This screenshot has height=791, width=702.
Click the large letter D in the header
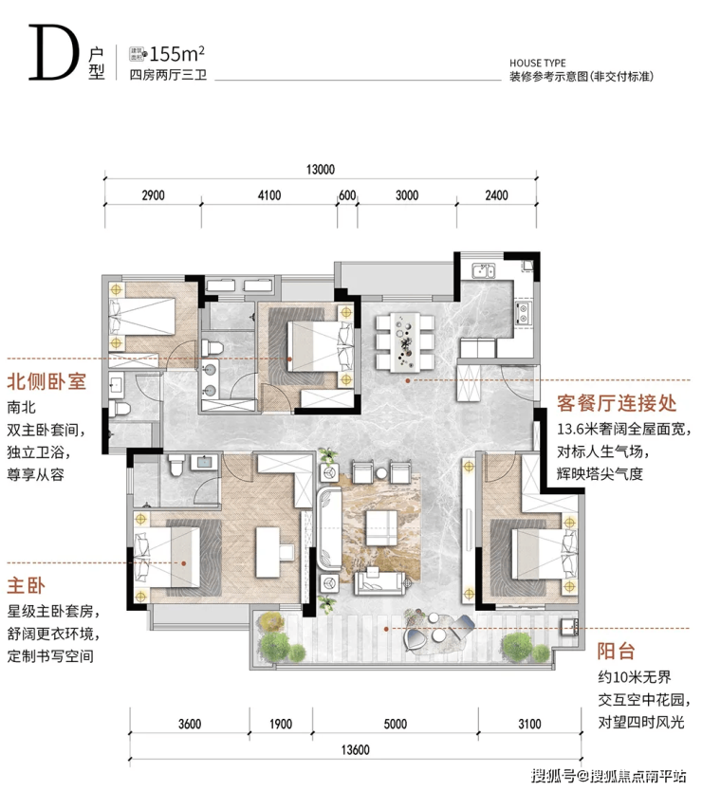(x=54, y=53)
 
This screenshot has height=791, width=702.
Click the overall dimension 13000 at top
(x=321, y=170)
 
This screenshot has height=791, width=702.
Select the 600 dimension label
(x=347, y=195)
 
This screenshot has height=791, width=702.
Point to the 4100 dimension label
(x=269, y=195)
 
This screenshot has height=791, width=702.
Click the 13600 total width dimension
(x=356, y=749)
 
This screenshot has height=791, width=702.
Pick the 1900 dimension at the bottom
(x=281, y=724)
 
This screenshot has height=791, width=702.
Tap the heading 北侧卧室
(x=46, y=381)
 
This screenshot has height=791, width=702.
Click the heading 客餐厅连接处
(x=617, y=403)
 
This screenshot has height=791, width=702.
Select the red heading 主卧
(x=26, y=586)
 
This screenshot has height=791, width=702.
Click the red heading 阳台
(x=617, y=651)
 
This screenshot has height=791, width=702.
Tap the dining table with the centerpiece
(x=405, y=341)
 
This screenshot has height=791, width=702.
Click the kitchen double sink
(x=484, y=271)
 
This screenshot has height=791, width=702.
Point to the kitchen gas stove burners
(x=523, y=313)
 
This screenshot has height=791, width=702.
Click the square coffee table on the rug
(x=381, y=527)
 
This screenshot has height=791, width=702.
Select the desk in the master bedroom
(x=268, y=552)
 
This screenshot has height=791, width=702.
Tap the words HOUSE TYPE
(x=538, y=63)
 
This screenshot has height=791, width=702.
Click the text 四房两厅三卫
(x=168, y=75)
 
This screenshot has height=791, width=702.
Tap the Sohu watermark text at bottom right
(x=609, y=776)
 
